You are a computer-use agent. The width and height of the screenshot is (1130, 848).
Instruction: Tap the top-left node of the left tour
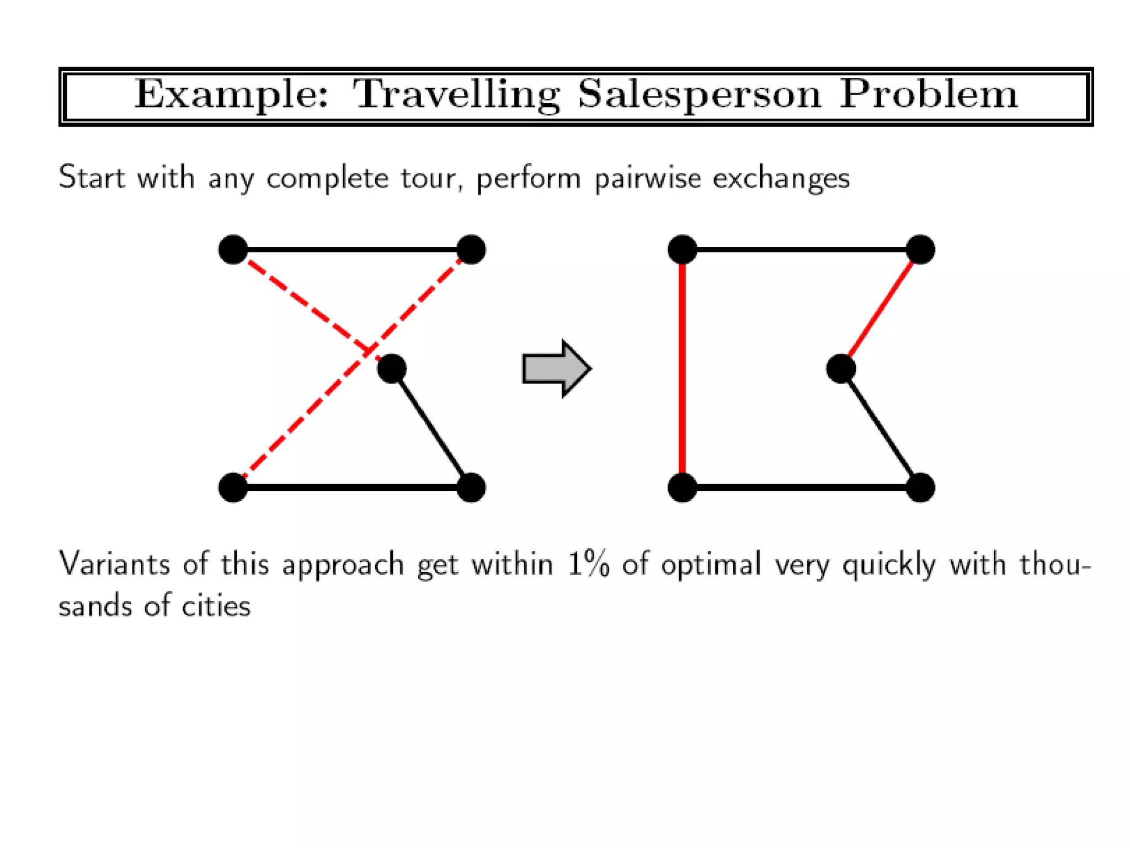coord(233,250)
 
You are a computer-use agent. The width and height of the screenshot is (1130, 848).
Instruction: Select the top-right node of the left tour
coord(471,250)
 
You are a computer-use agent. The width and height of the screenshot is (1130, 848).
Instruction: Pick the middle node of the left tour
coord(392,369)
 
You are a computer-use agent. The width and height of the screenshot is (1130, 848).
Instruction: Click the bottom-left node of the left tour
coord(233,487)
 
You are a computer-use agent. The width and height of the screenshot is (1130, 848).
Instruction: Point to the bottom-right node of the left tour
coord(471,487)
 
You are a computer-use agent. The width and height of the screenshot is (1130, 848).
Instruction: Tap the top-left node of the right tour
coord(683,250)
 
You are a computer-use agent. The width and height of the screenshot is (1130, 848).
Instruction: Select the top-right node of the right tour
coord(920,250)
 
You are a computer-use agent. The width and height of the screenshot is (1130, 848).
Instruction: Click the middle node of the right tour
coord(841,369)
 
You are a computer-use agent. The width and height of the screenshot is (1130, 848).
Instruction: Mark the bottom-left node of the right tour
coord(683,487)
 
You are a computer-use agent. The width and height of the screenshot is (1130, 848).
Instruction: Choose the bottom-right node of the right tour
coord(920,487)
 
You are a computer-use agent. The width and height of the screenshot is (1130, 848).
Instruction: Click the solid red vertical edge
coord(683,369)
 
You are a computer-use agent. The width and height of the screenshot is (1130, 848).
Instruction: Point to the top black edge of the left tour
coord(352,250)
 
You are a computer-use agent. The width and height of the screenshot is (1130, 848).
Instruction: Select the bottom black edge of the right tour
coord(801,487)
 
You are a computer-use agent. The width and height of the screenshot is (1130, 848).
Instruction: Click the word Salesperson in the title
coord(700,95)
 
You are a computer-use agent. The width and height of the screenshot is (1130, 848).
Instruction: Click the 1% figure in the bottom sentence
coord(589,565)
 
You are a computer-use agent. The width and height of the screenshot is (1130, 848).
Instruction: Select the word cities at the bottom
coord(216,606)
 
